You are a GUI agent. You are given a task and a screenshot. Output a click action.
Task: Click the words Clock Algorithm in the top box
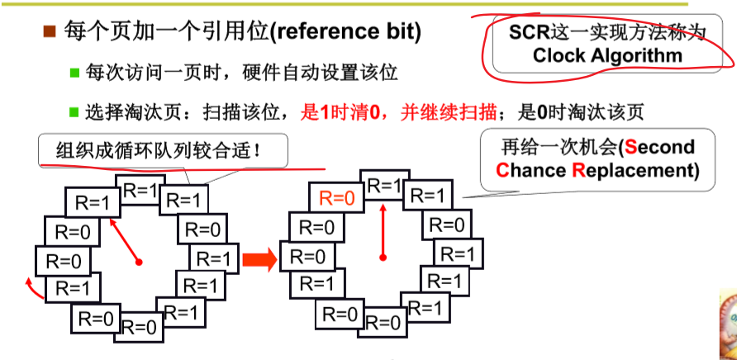click(608, 55)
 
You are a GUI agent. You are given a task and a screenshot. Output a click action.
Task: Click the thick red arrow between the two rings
click(259, 260)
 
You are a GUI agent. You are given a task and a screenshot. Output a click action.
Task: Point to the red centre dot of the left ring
click(140, 263)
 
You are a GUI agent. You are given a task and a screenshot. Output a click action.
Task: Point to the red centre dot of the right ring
click(383, 259)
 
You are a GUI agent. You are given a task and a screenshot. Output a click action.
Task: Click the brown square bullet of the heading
click(49, 32)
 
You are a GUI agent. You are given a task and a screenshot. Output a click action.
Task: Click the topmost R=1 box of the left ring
click(138, 190)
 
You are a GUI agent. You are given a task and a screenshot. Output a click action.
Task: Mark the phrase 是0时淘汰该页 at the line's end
click(585, 111)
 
